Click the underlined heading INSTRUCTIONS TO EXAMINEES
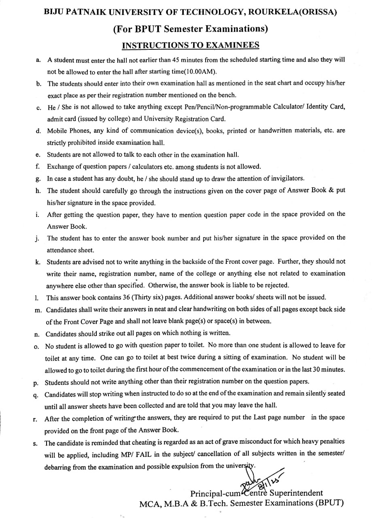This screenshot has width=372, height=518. [x=190, y=45]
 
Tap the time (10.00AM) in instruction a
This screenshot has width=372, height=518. [x=200, y=72]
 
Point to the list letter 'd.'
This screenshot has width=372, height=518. [x=38, y=131]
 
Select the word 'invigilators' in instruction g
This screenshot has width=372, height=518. [x=283, y=178]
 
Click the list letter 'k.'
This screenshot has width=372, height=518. [x=38, y=262]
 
